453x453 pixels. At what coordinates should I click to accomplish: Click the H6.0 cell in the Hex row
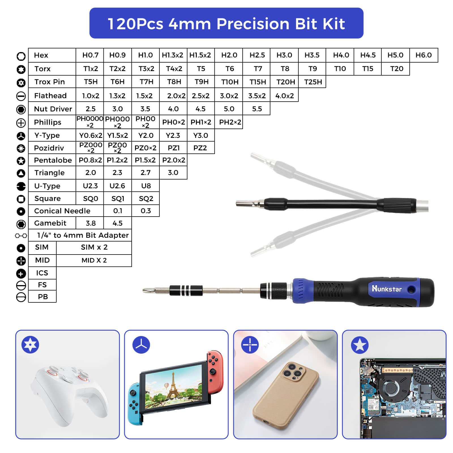424,55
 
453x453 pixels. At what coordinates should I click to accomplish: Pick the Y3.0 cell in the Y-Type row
201,135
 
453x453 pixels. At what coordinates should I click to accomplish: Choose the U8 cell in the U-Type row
146,186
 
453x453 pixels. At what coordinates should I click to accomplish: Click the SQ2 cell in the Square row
146,198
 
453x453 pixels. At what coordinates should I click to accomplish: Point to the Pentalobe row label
53,160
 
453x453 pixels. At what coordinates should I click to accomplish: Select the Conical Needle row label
62,211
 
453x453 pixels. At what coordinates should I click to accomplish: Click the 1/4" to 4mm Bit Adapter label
83,235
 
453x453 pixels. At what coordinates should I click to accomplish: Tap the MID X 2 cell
94,260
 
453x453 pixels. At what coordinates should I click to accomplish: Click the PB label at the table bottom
43,297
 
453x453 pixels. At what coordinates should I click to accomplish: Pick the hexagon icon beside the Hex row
21,56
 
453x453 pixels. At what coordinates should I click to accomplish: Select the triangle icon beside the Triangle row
21,173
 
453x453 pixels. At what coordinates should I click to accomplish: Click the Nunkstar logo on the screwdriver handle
386,289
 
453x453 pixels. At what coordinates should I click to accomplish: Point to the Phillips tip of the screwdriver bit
144,290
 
